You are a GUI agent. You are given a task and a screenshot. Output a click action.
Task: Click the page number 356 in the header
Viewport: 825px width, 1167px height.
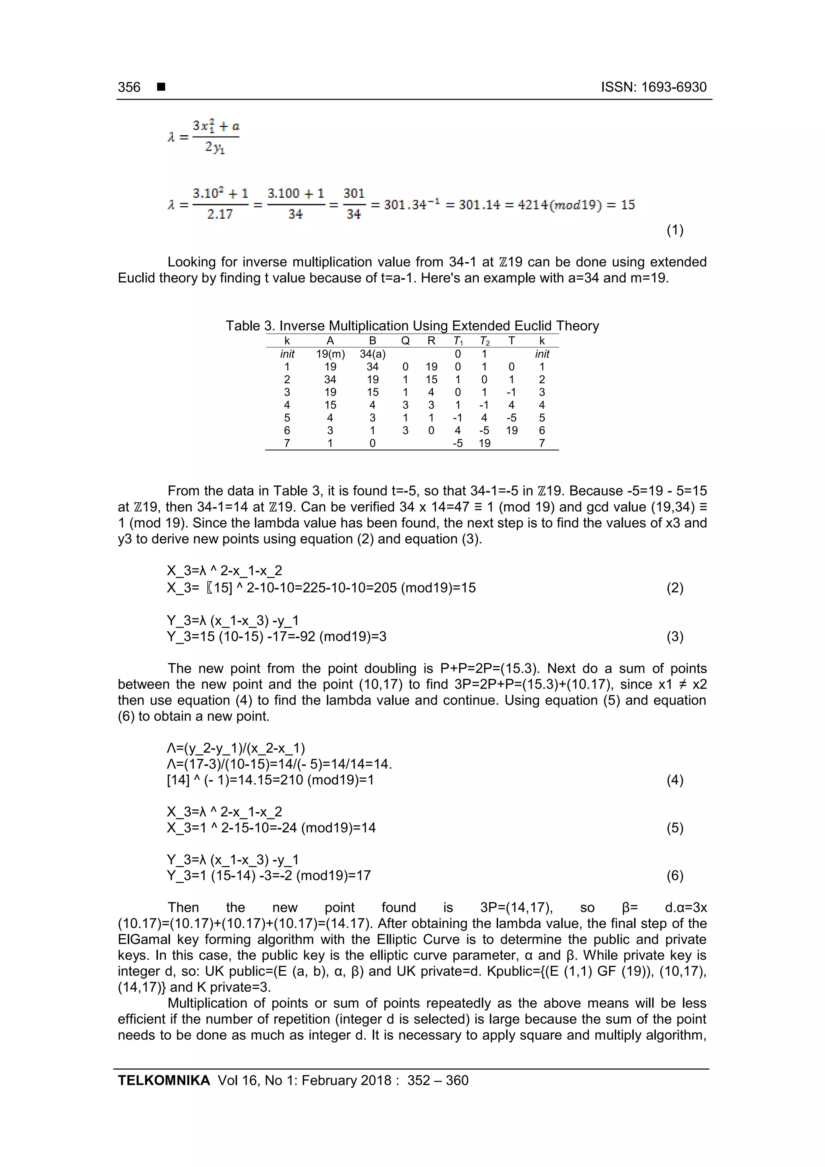(x=129, y=87)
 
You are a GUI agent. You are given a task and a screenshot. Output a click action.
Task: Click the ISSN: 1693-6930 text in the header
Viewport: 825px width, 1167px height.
(x=654, y=87)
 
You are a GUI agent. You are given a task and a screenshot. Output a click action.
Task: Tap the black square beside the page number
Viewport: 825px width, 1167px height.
(x=161, y=87)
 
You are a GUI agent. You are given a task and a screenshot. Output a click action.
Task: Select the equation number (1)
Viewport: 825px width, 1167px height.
(x=674, y=230)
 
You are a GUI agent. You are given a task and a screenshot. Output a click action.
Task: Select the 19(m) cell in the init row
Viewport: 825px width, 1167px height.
(x=330, y=354)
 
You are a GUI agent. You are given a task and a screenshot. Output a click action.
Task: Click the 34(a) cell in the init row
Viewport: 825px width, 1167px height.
(x=373, y=354)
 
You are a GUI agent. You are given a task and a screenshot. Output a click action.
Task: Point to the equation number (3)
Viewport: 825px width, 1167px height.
(x=674, y=636)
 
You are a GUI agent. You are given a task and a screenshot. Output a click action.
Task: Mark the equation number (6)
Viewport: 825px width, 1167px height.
(x=674, y=875)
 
